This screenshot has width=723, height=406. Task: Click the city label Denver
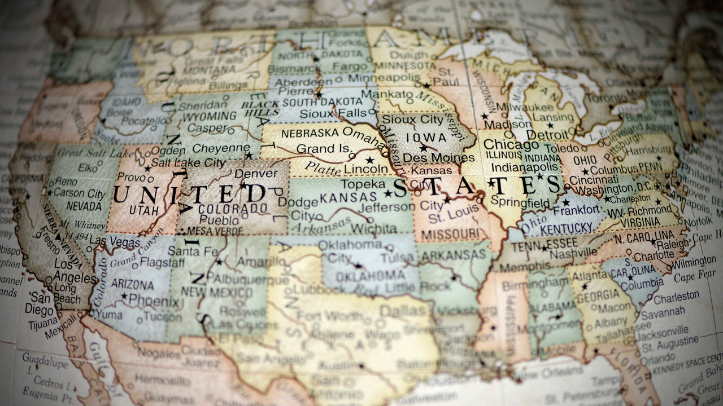[x=255, y=174]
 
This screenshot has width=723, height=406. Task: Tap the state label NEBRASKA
[x=306, y=134]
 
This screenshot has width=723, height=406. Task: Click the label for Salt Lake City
[x=188, y=162]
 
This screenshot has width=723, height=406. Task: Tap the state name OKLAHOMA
[x=371, y=276]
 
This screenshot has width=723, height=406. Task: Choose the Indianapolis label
[x=525, y=167]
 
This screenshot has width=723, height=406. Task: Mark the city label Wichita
[x=373, y=228]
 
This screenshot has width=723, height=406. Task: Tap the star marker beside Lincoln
[x=369, y=160]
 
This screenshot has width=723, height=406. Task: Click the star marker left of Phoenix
[x=124, y=295]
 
